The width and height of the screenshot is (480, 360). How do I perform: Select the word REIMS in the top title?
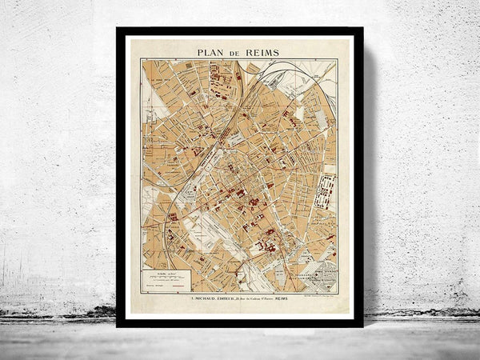coord(263,52)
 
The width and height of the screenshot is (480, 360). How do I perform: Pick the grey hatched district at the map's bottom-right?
coord(323,277)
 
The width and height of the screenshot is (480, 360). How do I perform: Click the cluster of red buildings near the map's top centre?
coord(219,80)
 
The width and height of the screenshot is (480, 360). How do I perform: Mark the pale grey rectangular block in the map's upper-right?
coord(320,120)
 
